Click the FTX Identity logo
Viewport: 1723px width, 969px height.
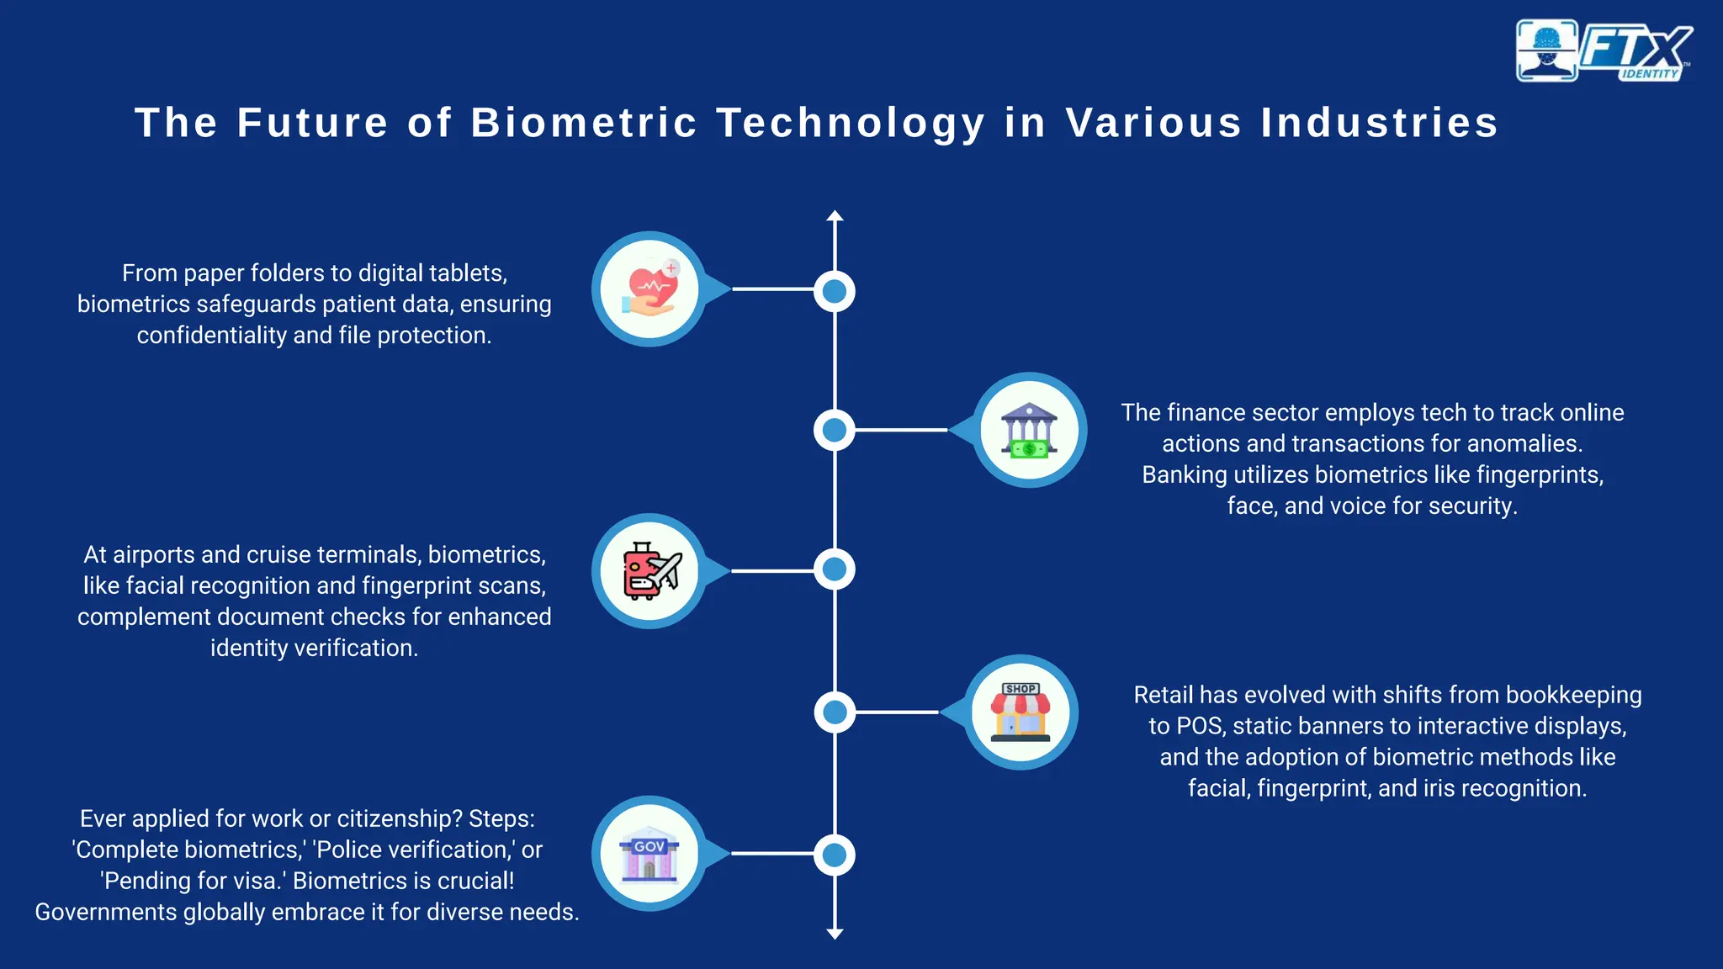click(x=1604, y=50)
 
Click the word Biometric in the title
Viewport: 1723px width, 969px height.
click(x=584, y=123)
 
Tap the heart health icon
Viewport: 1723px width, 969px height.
click(x=649, y=289)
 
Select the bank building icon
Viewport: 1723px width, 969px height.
click(x=1030, y=430)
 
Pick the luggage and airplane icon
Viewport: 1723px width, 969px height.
click(x=649, y=571)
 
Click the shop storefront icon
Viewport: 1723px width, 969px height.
click(x=1021, y=712)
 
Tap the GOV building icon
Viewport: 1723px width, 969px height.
click(x=649, y=854)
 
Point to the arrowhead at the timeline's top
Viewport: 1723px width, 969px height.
click(x=835, y=216)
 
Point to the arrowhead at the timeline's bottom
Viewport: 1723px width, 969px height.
click(x=835, y=933)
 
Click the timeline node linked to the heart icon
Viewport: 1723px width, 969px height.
click(x=835, y=291)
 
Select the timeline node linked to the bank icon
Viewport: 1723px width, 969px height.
click(x=835, y=430)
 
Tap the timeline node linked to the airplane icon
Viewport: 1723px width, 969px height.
click(x=835, y=569)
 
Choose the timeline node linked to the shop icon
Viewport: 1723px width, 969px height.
click(x=835, y=712)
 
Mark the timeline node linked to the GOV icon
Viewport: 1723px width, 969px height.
click(x=835, y=855)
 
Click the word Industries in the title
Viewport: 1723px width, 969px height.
click(x=1380, y=123)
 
